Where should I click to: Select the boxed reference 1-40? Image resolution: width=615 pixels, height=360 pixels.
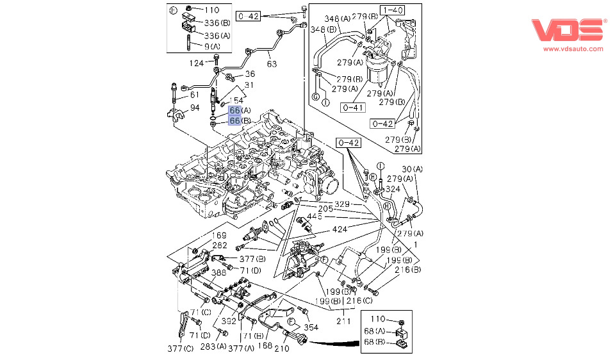point(393,10)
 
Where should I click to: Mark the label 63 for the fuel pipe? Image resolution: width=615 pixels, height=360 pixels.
point(272,63)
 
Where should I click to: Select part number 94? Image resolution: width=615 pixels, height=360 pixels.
point(193,107)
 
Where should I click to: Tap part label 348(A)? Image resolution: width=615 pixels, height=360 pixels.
point(336,19)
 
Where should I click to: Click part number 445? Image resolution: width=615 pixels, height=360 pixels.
point(314,217)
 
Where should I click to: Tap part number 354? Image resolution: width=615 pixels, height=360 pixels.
point(311,327)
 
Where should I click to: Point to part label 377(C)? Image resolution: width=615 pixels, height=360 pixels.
point(179,348)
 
